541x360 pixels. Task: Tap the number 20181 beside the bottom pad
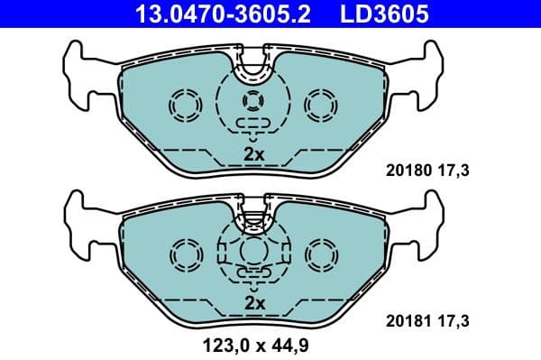[x=407, y=319]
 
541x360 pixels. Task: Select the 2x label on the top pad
[x=254, y=154]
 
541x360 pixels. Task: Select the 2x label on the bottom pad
[x=254, y=304]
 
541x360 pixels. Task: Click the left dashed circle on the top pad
[x=188, y=105]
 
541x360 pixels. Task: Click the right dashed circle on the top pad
[x=320, y=105]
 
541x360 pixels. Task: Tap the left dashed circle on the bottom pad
[x=188, y=254]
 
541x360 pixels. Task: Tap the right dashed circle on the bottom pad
[x=320, y=254]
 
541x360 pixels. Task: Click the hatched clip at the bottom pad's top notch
[x=254, y=216]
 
